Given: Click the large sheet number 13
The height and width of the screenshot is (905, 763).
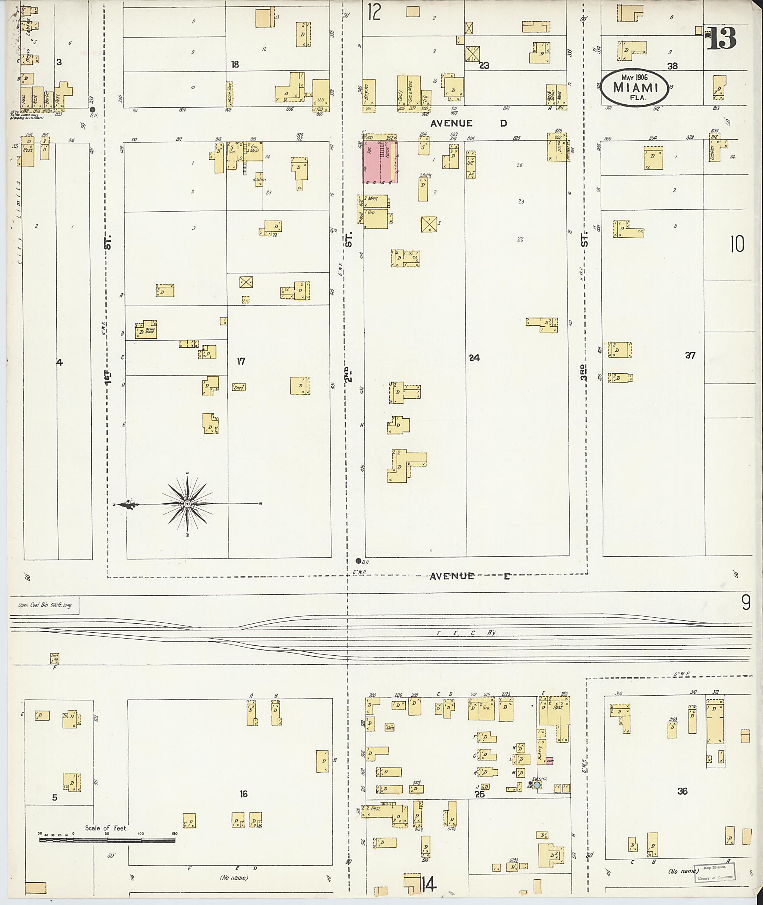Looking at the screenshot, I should [722, 39].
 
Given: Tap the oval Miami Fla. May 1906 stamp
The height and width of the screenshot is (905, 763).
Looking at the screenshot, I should [635, 87].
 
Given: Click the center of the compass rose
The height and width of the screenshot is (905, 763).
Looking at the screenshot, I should [187, 504].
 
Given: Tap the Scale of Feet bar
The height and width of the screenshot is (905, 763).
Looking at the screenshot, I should [107, 840].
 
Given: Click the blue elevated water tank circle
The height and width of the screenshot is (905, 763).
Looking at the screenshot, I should [537, 784].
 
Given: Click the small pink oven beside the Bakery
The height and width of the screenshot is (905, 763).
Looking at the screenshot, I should [550, 760].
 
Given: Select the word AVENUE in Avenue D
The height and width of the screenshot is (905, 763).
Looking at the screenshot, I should [451, 123].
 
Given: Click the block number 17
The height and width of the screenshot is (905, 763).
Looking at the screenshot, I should [241, 361].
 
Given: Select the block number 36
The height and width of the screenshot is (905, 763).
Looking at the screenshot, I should [682, 791].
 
